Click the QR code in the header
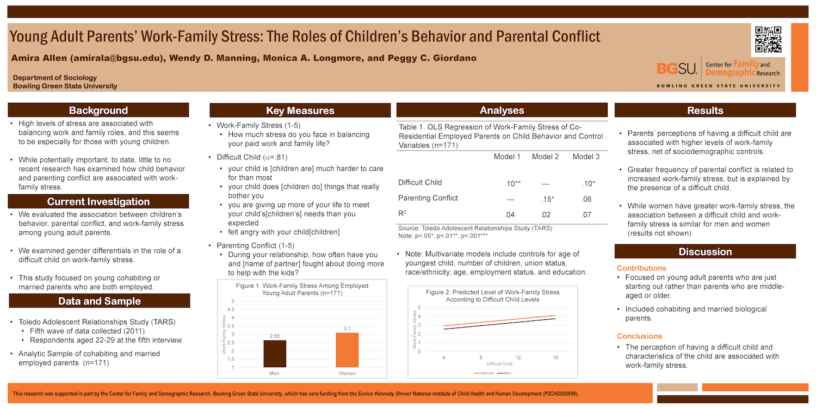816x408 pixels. (769, 39)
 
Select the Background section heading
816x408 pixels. (98, 110)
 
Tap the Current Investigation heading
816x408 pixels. (98, 202)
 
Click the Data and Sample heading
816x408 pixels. (100, 301)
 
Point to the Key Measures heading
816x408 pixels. (300, 110)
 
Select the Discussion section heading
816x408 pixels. (705, 252)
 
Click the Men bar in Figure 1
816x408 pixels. (274, 354)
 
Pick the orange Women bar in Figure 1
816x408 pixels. (347, 350)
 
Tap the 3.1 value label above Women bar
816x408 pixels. (347, 328)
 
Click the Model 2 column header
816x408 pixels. (545, 157)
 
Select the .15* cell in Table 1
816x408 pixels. (547, 199)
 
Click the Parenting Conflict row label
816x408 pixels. (428, 198)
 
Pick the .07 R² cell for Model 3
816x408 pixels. (586, 214)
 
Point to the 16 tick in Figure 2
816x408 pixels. (555, 357)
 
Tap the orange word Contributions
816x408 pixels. (641, 268)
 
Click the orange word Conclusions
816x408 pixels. (639, 336)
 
